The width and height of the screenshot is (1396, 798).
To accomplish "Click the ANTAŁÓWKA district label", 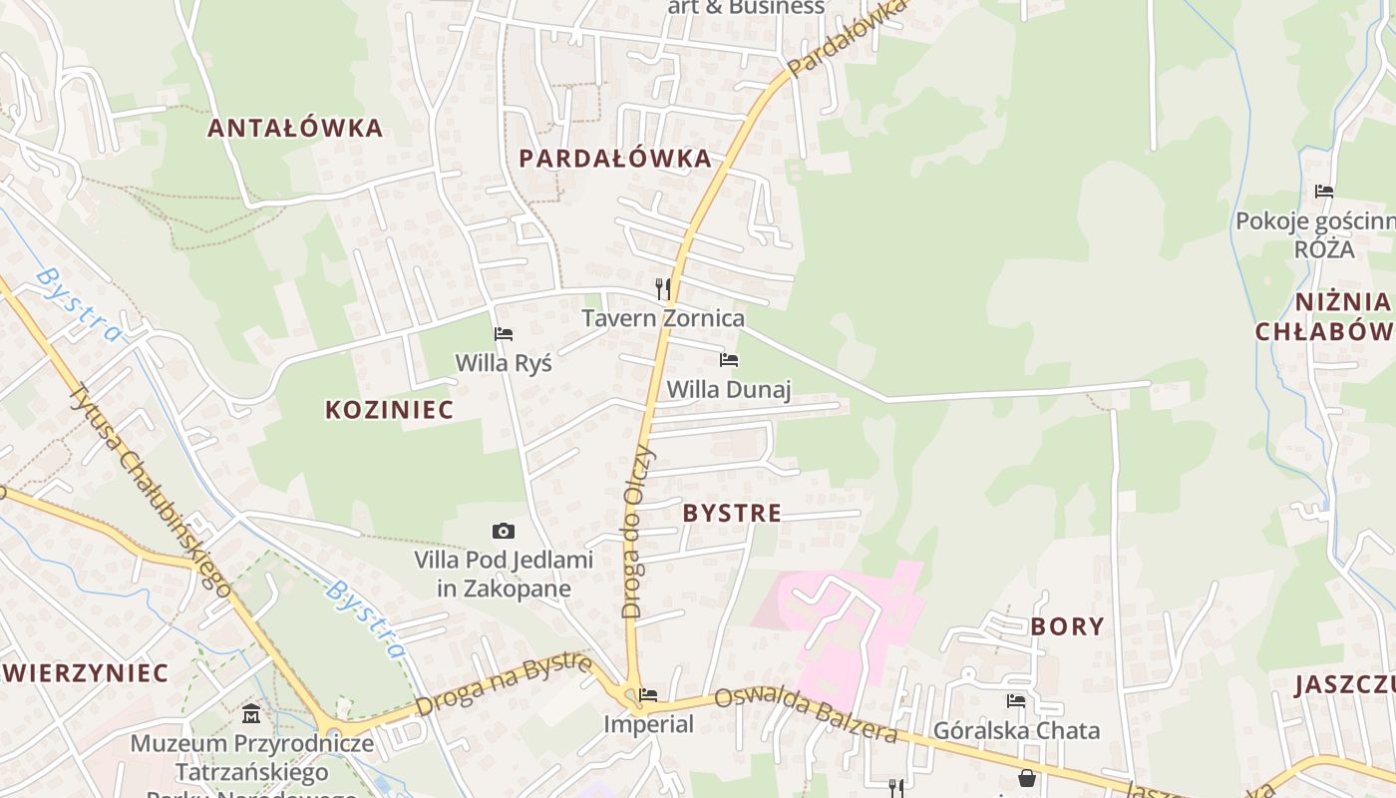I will coord(295,128).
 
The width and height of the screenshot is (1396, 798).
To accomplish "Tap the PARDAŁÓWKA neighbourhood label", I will coord(615,158).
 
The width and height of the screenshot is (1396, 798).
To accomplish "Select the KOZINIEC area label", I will coord(389,409).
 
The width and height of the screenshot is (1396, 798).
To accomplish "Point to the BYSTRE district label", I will coord(732,514).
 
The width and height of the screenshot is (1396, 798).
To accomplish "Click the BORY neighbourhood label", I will coord(1067,626).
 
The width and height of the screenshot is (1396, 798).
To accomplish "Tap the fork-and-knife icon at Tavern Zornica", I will coord(663,289).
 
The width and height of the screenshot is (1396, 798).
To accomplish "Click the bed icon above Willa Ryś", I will coord(504,334).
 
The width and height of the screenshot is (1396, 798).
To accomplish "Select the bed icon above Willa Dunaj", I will coord(729,360).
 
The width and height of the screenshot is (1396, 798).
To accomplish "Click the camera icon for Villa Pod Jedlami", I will coord(504,532).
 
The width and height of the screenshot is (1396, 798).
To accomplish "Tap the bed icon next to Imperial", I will coord(648,694).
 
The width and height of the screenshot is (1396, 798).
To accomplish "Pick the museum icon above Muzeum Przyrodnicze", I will coord(251,714).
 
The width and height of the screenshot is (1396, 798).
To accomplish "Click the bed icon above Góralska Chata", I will coord(1016,701).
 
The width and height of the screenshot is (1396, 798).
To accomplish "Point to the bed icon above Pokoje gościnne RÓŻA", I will coord(1324,191).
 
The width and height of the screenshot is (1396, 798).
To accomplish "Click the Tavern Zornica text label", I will coord(663,319).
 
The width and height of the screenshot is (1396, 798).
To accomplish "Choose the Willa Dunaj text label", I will coord(729,389).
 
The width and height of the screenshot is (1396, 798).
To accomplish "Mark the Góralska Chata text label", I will coord(1016,730).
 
